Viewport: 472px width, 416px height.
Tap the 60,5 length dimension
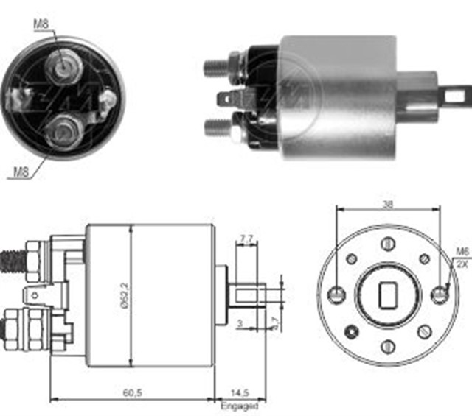tap(133, 392)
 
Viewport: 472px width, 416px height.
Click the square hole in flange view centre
tap(388, 296)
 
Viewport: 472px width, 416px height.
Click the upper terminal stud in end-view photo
tap(62, 65)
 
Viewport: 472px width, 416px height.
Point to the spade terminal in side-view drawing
tap(37, 296)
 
